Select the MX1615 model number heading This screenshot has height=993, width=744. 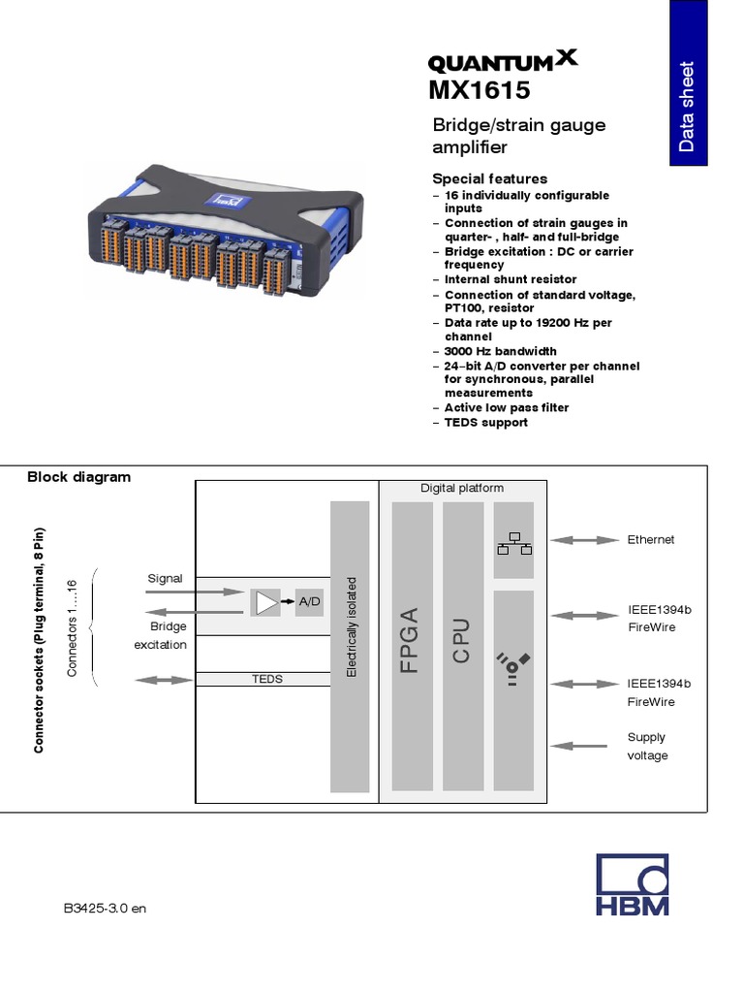click(480, 91)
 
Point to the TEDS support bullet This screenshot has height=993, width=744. click(485, 422)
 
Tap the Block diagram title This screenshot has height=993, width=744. click(78, 477)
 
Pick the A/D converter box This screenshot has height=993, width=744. click(309, 602)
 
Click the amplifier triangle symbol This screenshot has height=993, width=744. click(264, 603)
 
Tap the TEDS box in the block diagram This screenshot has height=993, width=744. click(267, 679)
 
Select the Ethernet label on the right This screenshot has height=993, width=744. click(650, 539)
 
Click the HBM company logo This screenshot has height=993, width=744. click(633, 885)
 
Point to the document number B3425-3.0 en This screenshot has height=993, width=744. click(105, 909)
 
